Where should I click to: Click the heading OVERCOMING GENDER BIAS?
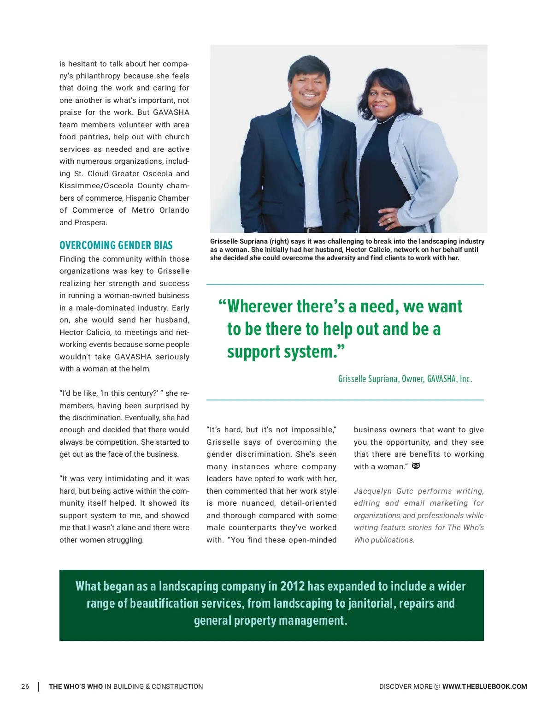116,245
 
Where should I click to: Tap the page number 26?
25,686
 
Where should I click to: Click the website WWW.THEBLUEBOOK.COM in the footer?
484,686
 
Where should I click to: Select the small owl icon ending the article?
416,466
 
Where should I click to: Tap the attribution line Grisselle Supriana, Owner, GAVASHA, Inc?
405,379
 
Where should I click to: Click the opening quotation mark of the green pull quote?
222,305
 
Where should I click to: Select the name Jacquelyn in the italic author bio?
372,491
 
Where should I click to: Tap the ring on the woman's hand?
389,220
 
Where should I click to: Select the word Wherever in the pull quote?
260,307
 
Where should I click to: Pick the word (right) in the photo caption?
279,241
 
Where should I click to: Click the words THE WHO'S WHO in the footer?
76,686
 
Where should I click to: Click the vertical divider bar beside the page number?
39,686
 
